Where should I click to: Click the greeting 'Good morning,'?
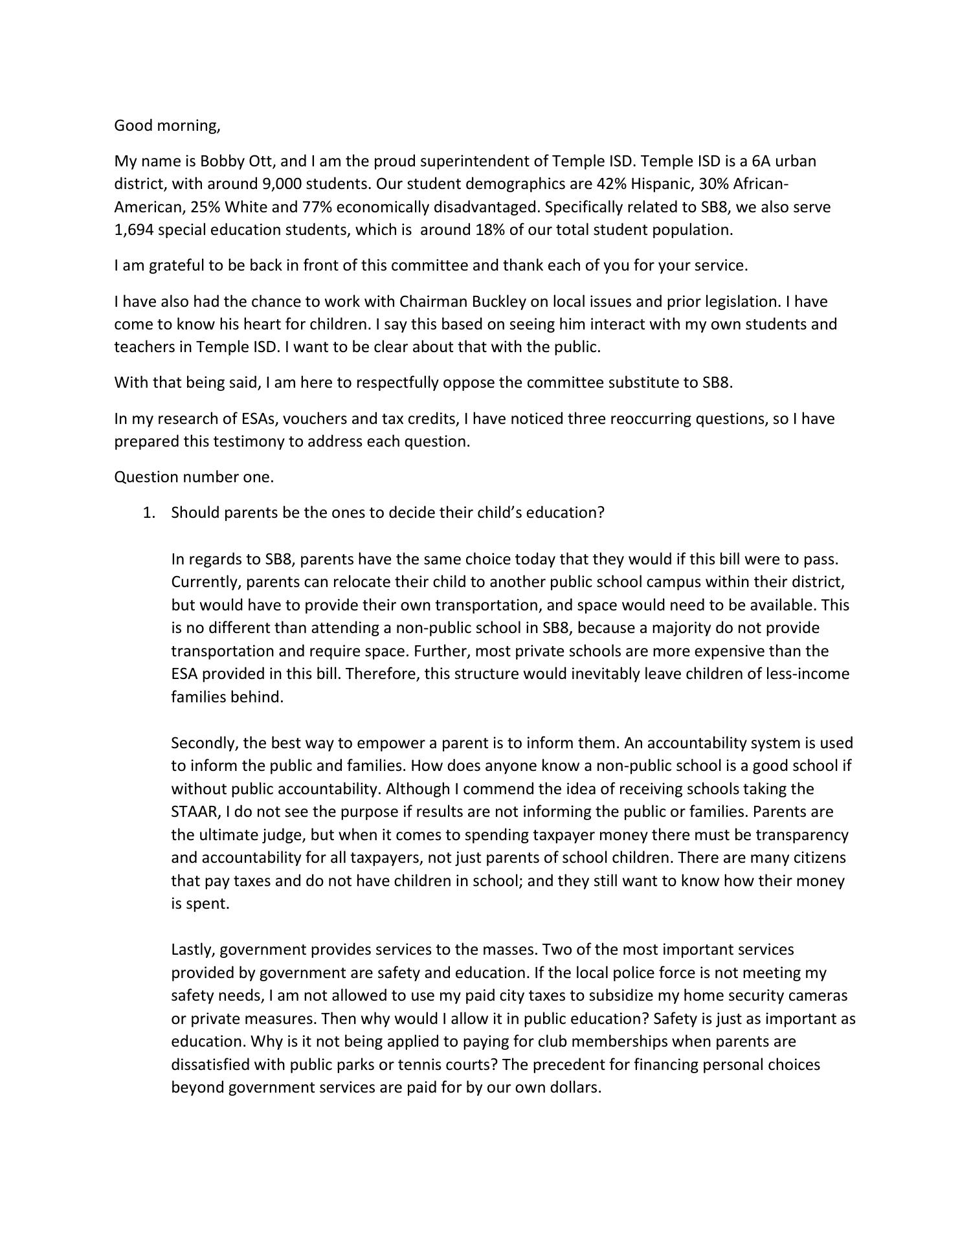click(167, 126)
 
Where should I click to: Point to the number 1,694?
click(133, 230)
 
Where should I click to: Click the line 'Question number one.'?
click(194, 477)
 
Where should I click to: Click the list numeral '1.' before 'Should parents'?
click(149, 513)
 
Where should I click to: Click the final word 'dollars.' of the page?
click(575, 1087)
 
